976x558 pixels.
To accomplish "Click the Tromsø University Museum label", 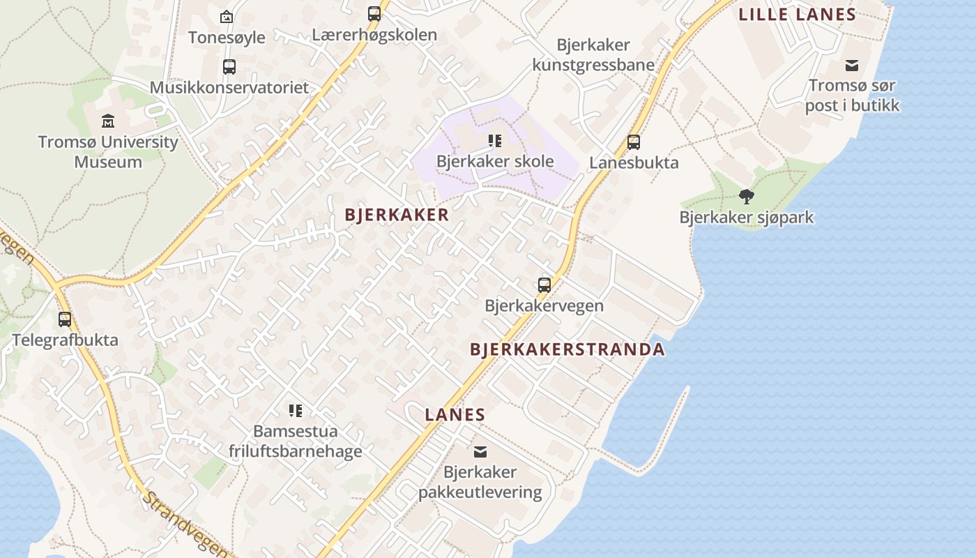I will point(108,152).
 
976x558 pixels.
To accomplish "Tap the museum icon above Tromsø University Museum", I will point(108,122).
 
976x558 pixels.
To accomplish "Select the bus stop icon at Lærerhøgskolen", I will point(374,13).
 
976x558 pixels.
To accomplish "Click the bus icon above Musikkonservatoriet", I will point(229,67).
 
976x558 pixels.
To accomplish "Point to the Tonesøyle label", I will point(227,38).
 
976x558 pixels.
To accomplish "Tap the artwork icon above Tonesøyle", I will point(227,17).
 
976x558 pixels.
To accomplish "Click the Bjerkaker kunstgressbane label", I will point(593,55).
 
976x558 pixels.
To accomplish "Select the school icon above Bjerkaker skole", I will point(495,141).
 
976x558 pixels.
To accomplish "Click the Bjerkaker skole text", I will point(495,162).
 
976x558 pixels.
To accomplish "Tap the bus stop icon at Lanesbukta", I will point(634,142).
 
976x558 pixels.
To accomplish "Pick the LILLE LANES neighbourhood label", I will point(797,15).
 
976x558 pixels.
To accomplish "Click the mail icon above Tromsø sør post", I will point(852,66).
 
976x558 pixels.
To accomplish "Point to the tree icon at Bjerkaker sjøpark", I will point(747,197).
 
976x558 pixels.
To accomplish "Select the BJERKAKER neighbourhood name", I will point(397,215).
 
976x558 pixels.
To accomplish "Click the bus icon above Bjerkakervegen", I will point(544,285).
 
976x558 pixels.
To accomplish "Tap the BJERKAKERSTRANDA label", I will point(567,349).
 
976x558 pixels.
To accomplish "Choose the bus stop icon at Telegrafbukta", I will point(65,319).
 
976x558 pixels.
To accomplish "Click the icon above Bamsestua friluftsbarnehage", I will point(296,411).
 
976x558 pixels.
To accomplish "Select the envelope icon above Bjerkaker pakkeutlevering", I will point(480,452).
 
